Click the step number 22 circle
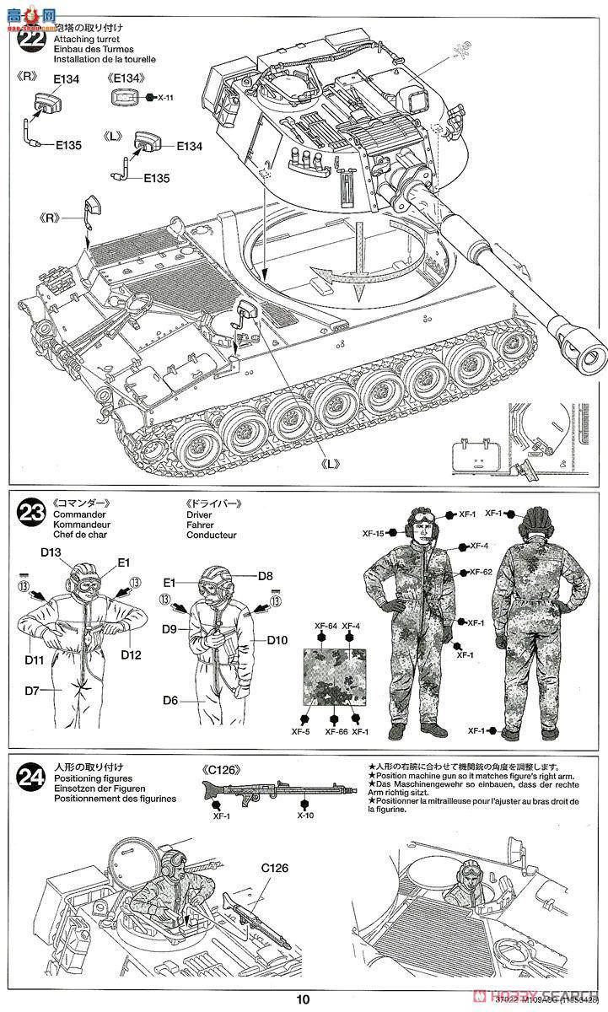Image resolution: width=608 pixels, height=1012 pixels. [33, 42]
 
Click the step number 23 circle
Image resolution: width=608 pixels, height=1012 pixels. [33, 512]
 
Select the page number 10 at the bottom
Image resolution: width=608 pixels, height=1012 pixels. [304, 1000]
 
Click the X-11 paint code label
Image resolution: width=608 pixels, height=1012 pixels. [165, 98]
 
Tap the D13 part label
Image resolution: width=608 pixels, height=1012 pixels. [51, 552]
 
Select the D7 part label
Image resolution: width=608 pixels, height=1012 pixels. [32, 691]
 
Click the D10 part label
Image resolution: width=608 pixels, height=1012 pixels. [277, 640]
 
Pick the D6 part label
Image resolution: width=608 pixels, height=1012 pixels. [171, 698]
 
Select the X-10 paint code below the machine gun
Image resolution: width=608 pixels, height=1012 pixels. [306, 816]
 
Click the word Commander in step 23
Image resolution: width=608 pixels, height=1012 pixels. [78, 514]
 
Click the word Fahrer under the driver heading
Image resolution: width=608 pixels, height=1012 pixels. [201, 525]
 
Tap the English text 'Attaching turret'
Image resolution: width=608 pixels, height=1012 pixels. [86, 40]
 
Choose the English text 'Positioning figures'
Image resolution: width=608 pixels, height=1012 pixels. [92, 778]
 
